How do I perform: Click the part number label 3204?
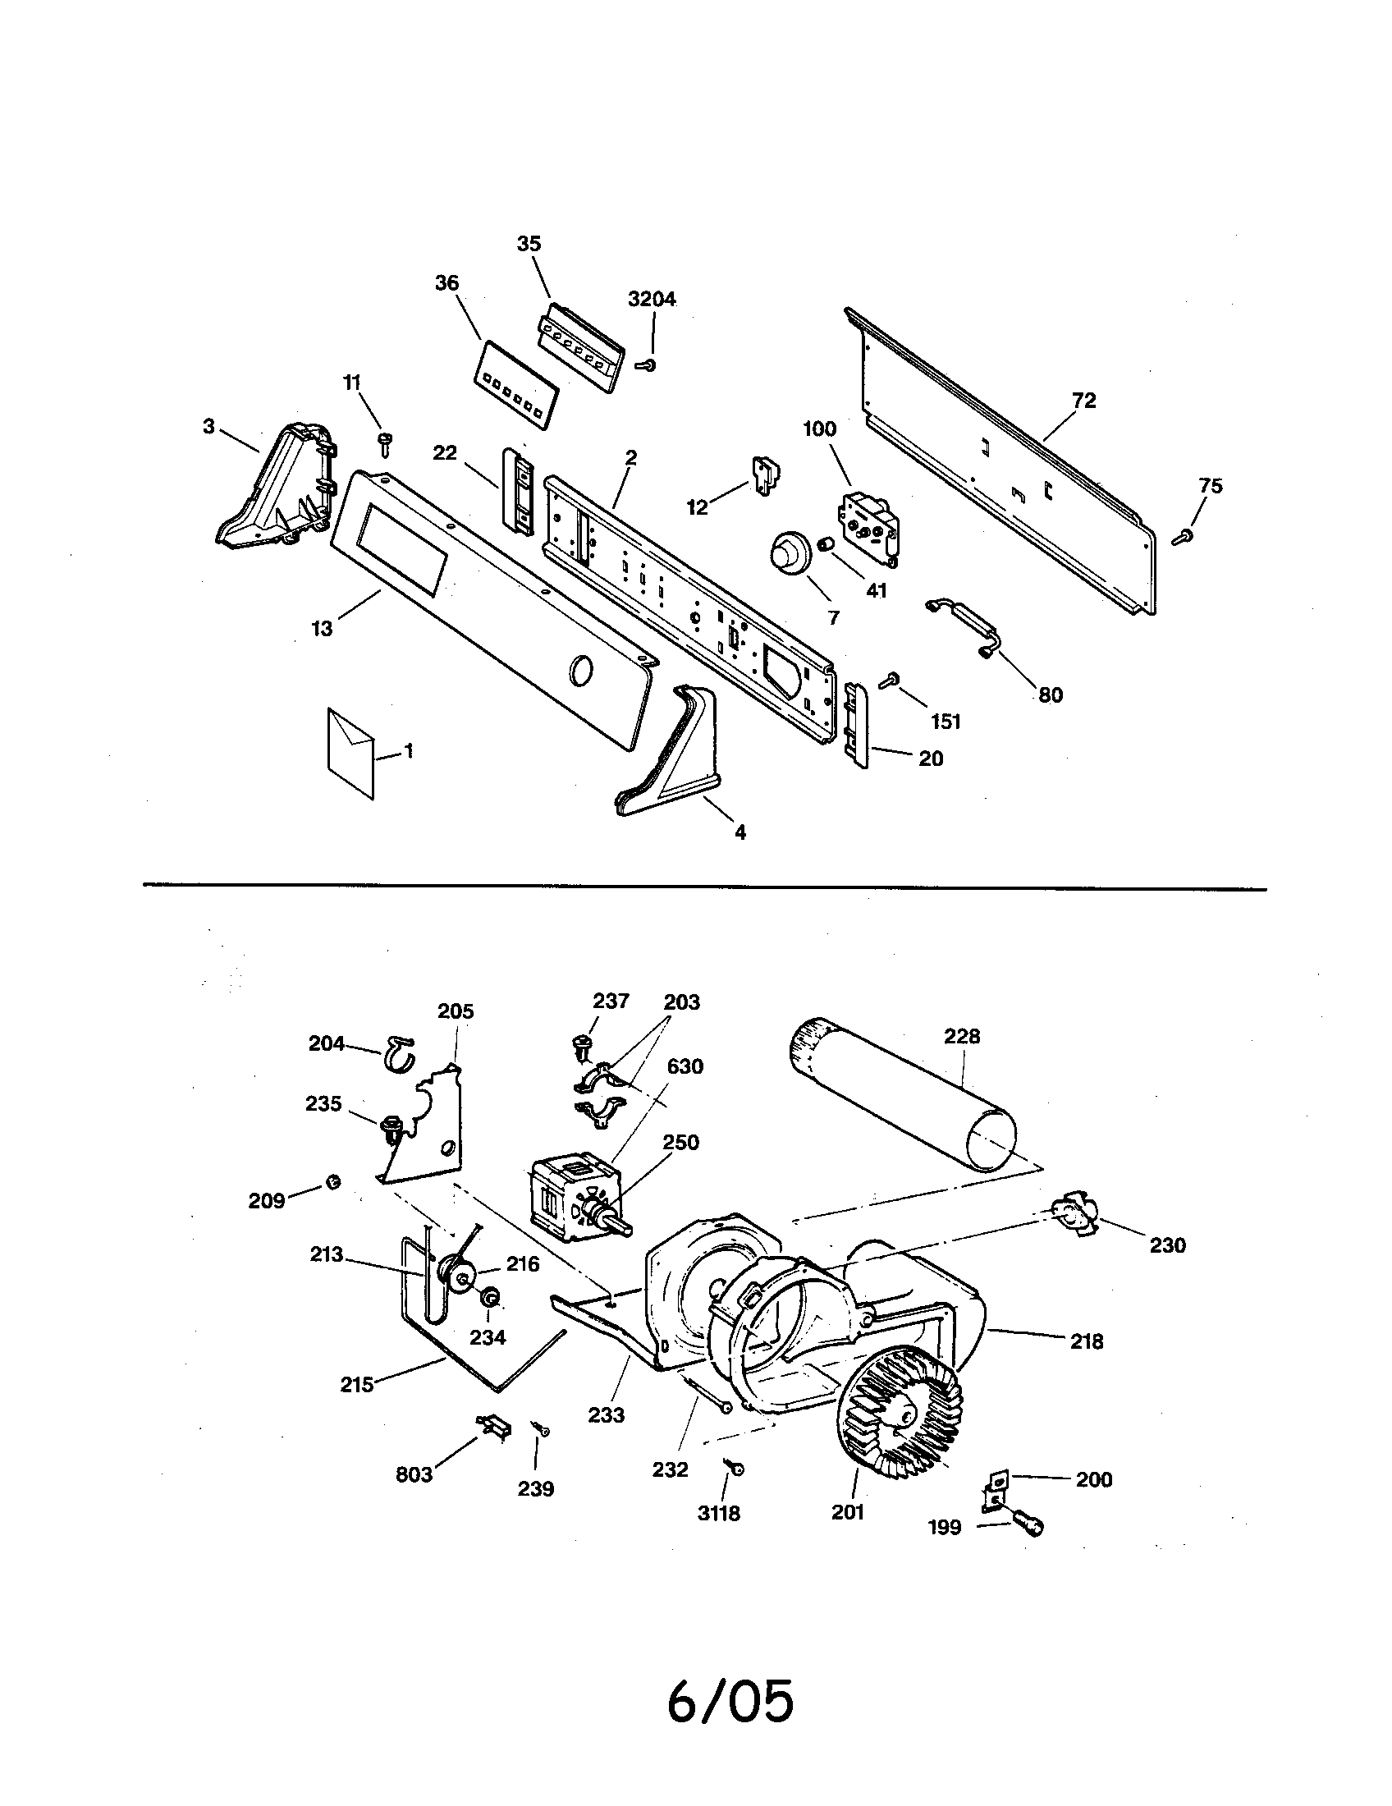(x=652, y=300)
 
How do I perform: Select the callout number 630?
(x=685, y=1066)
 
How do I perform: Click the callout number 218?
(x=1086, y=1341)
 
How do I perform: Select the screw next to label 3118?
(x=735, y=1468)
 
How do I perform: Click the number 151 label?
(x=946, y=721)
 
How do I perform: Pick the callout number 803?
(x=414, y=1474)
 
